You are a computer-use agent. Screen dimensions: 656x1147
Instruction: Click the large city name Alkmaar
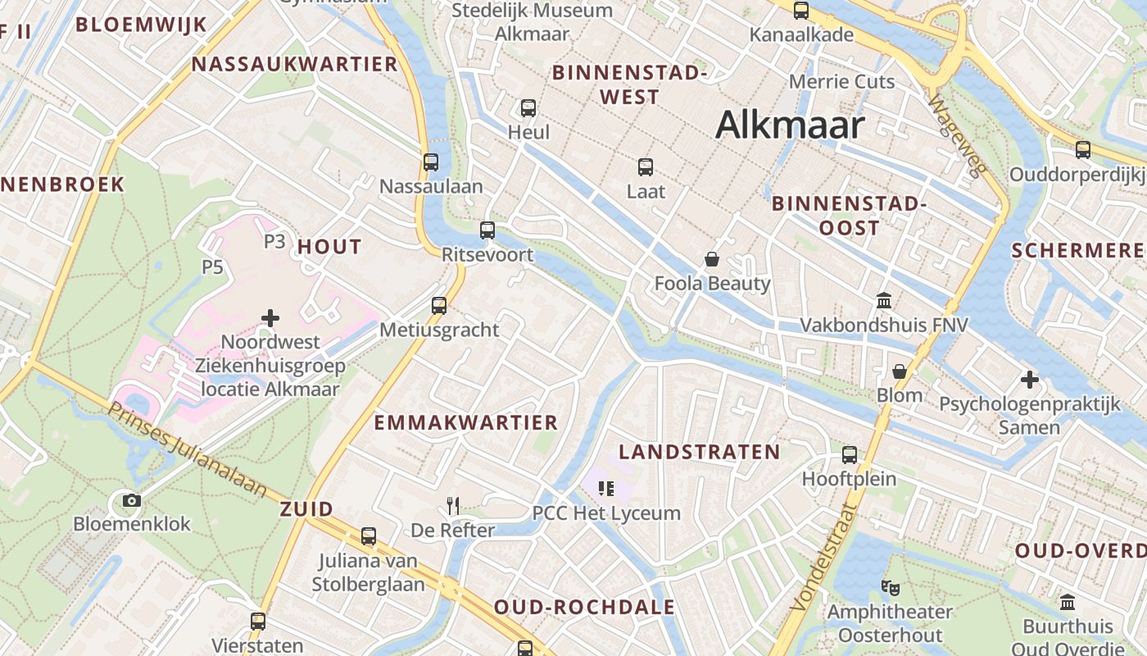(790, 125)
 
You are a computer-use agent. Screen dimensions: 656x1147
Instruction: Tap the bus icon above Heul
(528, 107)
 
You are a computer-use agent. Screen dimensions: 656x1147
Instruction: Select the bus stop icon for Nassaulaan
(431, 162)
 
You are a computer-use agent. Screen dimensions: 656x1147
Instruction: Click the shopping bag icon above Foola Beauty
(712, 259)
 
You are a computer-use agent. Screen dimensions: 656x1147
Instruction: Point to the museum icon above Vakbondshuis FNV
(884, 301)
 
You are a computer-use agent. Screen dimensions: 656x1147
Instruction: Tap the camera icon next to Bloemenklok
(131, 500)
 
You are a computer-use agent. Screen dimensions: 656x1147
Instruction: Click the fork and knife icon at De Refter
(453, 505)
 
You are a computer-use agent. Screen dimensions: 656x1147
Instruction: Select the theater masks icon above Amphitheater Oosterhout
(890, 587)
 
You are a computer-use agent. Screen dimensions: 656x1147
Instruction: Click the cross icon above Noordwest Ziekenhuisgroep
(270, 317)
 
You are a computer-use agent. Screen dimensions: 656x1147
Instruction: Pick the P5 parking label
(212, 267)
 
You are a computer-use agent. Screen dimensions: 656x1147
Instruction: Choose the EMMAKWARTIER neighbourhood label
(466, 423)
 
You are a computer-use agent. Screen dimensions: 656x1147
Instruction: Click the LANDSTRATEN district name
(700, 452)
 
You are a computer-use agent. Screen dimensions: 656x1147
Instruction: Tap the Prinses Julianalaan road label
(188, 449)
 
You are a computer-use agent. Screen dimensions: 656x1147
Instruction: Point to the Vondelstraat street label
(825, 557)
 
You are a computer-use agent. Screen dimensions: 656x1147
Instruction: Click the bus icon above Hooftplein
(850, 454)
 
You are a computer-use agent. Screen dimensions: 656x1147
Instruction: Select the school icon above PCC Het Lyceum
(606, 489)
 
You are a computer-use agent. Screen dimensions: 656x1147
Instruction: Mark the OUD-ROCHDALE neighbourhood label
(584, 608)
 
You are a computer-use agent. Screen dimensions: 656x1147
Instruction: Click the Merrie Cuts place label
(841, 81)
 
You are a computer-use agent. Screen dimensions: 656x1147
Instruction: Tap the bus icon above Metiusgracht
(439, 305)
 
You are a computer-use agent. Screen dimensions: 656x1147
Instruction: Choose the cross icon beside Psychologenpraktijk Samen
(1030, 380)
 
